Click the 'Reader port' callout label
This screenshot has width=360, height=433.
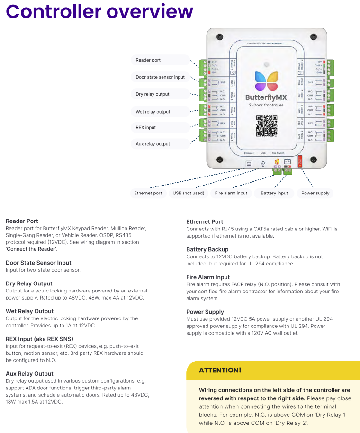148,60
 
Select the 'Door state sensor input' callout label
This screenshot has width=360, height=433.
160,77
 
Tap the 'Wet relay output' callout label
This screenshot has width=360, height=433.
153,112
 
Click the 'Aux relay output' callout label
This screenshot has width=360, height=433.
153,144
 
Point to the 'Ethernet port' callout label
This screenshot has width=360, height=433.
148,193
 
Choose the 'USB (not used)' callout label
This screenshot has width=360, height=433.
188,193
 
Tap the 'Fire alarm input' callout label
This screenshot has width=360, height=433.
231,193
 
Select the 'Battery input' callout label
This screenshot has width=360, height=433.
274,193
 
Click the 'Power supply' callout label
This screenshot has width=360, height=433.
315,193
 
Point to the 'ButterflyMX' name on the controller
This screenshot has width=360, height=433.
266,97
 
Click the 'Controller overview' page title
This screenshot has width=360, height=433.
100,11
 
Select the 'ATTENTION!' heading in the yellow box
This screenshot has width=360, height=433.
220,370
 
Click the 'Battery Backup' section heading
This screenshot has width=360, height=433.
207,249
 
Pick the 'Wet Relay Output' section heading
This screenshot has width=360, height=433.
29,311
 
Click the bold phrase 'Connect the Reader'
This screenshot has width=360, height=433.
31,249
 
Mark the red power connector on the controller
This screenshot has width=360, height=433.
300,162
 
